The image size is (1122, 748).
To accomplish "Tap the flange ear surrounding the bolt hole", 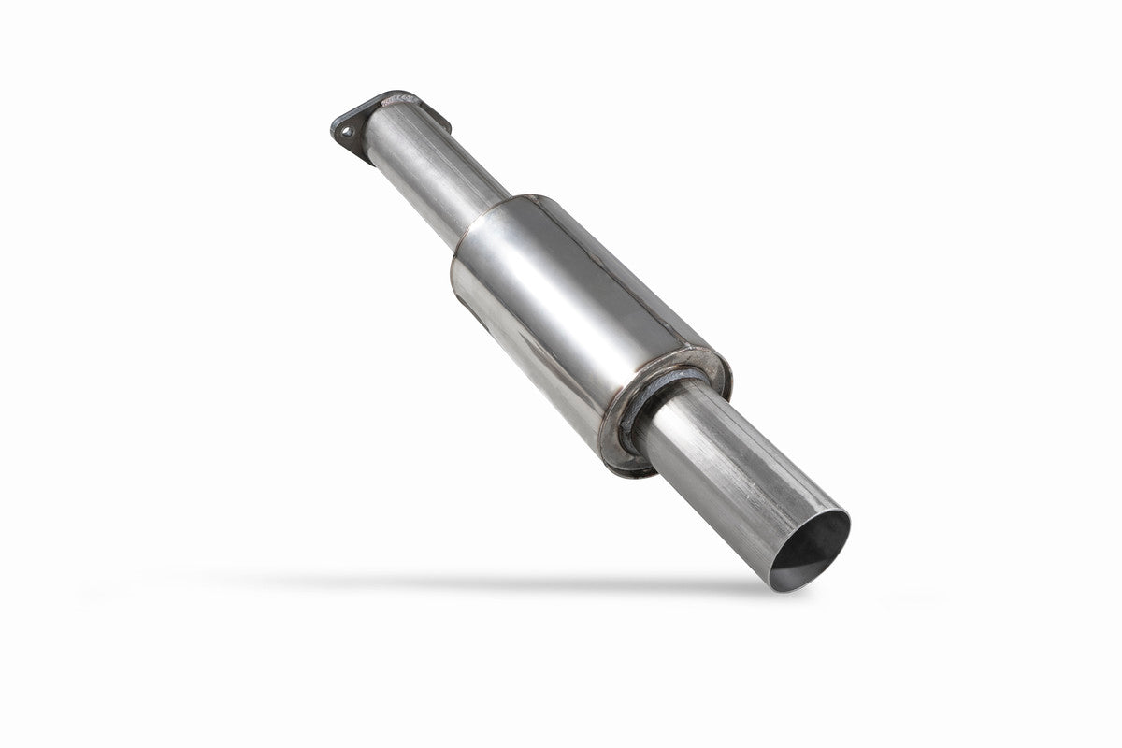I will [342, 125].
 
